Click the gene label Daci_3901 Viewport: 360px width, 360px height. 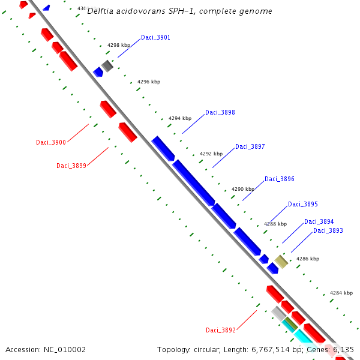[155, 38]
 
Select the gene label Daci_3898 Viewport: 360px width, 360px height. [220, 113]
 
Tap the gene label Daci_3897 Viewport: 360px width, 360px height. [250, 147]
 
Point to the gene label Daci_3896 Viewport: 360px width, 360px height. [279, 179]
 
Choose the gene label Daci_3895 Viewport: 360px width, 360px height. [302, 205]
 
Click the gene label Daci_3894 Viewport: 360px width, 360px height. [319, 222]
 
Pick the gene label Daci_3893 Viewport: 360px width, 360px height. [328, 231]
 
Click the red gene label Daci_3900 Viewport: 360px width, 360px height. [51, 143]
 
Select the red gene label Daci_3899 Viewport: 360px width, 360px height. [71, 166]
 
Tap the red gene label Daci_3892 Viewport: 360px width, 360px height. [220, 331]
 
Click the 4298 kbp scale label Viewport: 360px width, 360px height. [118, 46]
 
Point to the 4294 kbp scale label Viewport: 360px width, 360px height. [179, 119]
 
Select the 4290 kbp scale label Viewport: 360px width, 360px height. [242, 190]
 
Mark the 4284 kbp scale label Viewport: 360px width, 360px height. [341, 293]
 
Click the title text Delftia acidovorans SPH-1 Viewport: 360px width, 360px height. [179, 11]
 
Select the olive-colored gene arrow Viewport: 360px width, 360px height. [281, 262]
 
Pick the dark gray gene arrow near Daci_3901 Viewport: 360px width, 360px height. [107, 66]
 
